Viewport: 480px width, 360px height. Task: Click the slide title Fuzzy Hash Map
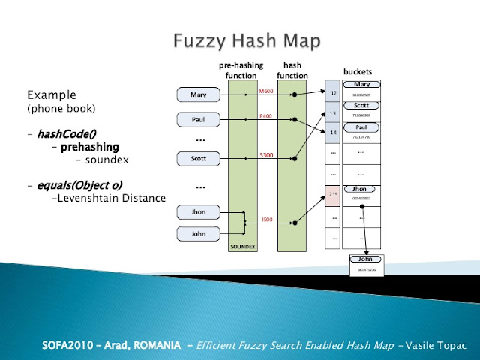pyautogui.click(x=240, y=39)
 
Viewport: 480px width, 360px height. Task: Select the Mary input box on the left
pyautogui.click(x=198, y=95)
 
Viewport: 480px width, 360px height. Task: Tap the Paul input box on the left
pyautogui.click(x=198, y=119)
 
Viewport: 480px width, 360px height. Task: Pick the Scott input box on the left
pyautogui.click(x=198, y=158)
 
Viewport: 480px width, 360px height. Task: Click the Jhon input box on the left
pyautogui.click(x=198, y=212)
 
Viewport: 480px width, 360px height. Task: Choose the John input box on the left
pyautogui.click(x=198, y=233)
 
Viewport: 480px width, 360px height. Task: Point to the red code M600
pyautogui.click(x=266, y=91)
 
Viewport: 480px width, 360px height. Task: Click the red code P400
pyautogui.click(x=266, y=116)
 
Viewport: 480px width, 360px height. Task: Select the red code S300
pyautogui.click(x=266, y=155)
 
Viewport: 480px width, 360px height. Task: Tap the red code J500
pyautogui.click(x=266, y=219)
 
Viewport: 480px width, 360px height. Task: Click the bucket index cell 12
pyautogui.click(x=333, y=93)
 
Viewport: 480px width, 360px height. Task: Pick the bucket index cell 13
pyautogui.click(x=333, y=113)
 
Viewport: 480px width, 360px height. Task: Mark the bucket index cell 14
pyautogui.click(x=333, y=133)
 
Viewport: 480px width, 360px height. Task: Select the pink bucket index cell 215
pyautogui.click(x=333, y=194)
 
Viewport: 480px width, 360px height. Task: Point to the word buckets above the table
pyautogui.click(x=358, y=72)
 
